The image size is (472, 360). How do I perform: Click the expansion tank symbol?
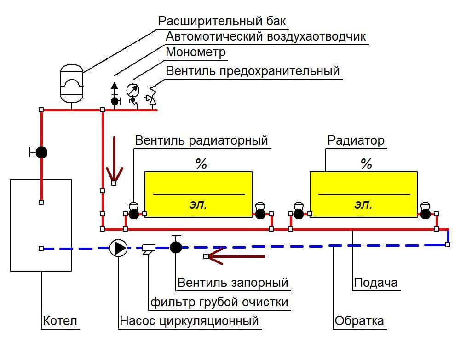click(71, 83)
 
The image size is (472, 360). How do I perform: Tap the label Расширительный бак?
click(222, 21)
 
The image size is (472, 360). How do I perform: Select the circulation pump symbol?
click(119, 248)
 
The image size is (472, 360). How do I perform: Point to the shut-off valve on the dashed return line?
click(176, 247)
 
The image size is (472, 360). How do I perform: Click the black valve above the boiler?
click(41, 152)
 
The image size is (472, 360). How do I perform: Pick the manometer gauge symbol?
click(132, 90)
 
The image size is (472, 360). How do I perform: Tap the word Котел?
click(60, 320)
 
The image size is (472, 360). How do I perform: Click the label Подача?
click(375, 282)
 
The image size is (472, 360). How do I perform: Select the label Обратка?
click(359, 320)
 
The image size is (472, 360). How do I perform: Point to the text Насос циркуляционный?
click(189, 320)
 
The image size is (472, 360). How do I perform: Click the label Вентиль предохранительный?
click(253, 71)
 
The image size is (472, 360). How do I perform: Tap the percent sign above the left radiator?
click(201, 164)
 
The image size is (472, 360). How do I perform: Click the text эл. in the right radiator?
click(363, 205)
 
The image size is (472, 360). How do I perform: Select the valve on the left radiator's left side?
click(133, 212)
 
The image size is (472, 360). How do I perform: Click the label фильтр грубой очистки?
click(219, 302)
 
